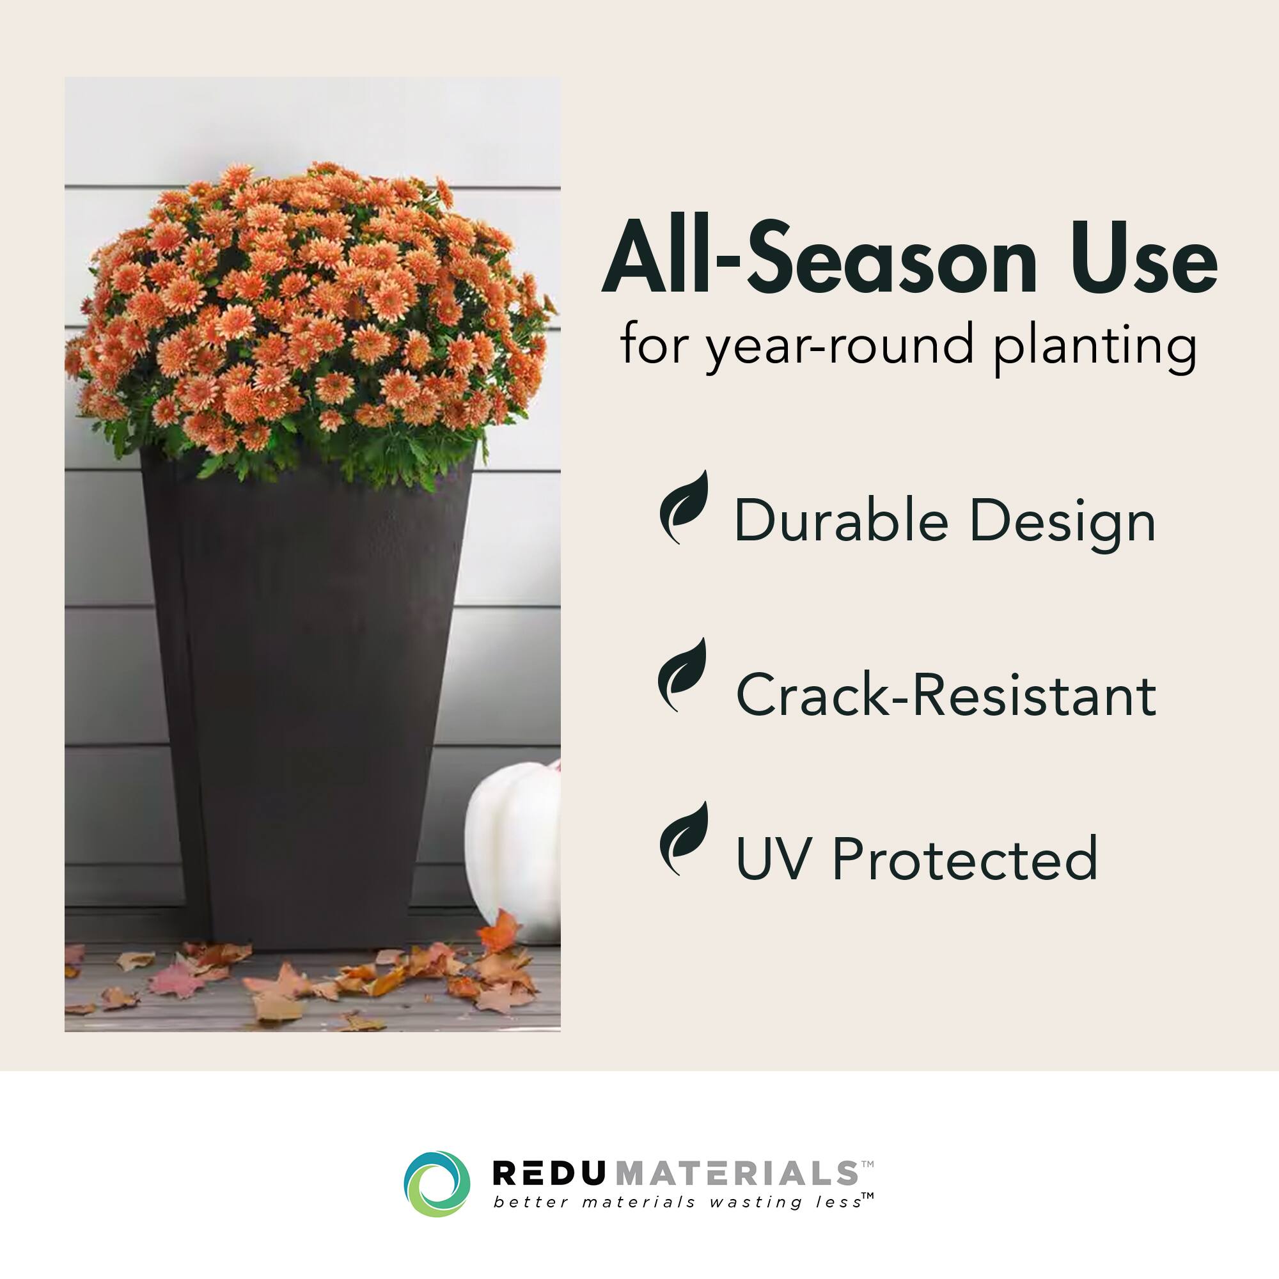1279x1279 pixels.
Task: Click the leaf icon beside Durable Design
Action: tap(684, 507)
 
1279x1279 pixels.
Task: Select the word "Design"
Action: tap(1062, 523)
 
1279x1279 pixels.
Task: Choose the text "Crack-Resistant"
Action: tap(946, 694)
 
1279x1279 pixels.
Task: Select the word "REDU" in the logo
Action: tap(549, 1173)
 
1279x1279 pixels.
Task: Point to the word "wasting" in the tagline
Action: tap(755, 1202)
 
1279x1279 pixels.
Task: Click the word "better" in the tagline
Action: tap(531, 1202)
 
